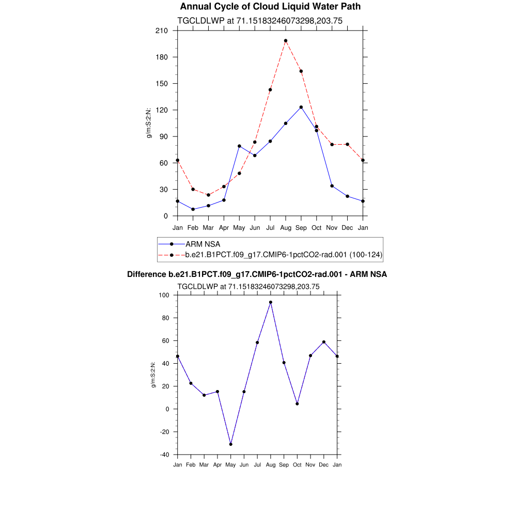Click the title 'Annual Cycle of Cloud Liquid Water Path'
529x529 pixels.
coord(270,7)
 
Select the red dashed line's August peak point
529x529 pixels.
coord(286,41)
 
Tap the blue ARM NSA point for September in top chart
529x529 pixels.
coord(301,107)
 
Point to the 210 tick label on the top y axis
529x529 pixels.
coord(162,30)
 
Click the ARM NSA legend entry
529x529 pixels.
coord(203,244)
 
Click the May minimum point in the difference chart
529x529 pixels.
coord(231,444)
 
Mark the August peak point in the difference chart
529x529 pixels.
coord(271,302)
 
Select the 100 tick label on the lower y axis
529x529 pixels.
coord(164,295)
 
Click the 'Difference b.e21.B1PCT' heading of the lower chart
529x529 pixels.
coord(257,274)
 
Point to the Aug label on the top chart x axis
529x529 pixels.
coord(286,228)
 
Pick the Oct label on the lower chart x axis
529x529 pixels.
coord(297,465)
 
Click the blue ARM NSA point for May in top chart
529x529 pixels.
coord(239,146)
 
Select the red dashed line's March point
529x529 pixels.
coord(208,195)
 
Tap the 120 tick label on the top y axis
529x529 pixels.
coord(162,110)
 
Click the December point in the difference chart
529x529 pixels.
coord(324,342)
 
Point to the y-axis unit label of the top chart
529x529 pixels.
coord(150,123)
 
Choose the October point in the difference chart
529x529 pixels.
coord(297,404)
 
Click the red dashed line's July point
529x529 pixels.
coord(270,90)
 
